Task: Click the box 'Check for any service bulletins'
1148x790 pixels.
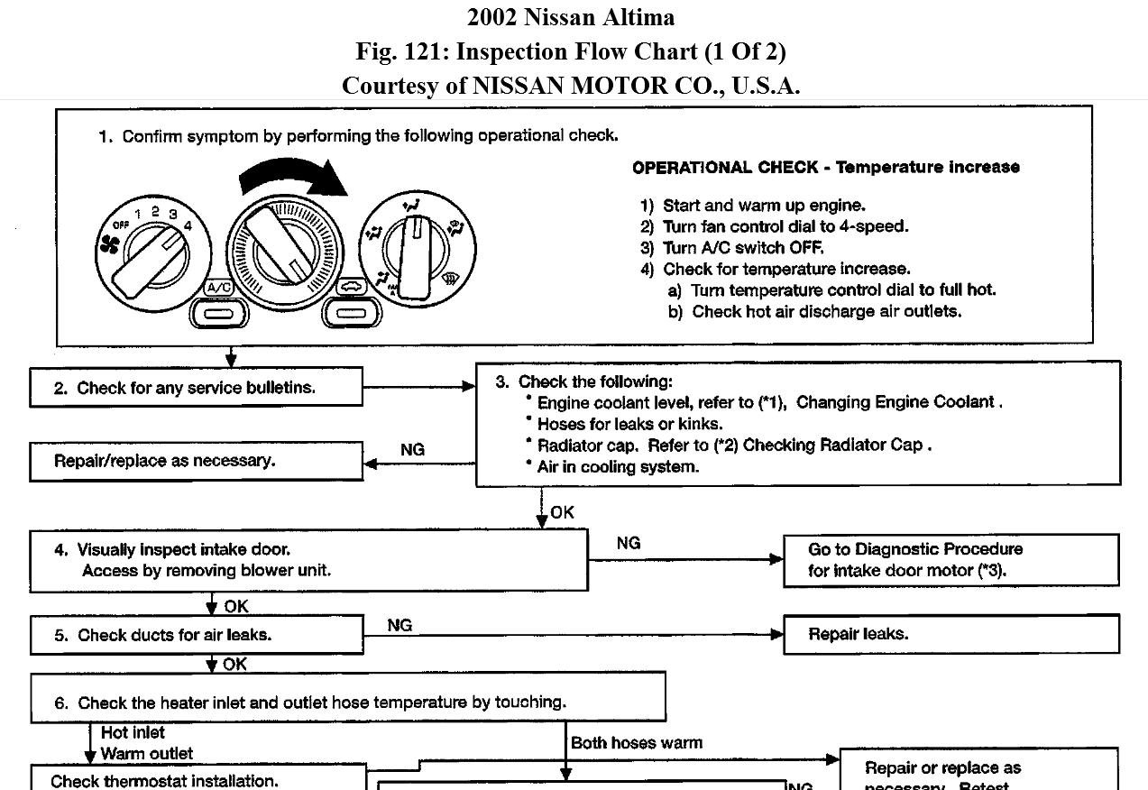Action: (x=196, y=388)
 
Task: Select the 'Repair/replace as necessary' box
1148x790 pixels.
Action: (x=196, y=461)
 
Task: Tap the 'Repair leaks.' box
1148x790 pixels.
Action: (x=951, y=634)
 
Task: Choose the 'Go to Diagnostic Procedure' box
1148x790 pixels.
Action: (x=951, y=560)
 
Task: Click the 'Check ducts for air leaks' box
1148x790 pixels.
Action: (x=196, y=635)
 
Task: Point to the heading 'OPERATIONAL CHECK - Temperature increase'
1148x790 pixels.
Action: (x=825, y=167)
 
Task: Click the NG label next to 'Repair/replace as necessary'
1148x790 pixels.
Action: (x=412, y=449)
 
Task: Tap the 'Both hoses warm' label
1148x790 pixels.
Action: (x=636, y=743)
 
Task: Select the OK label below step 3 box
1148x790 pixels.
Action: (x=562, y=512)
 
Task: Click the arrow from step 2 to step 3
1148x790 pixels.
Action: (x=419, y=387)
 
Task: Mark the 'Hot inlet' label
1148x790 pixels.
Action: (x=133, y=732)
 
